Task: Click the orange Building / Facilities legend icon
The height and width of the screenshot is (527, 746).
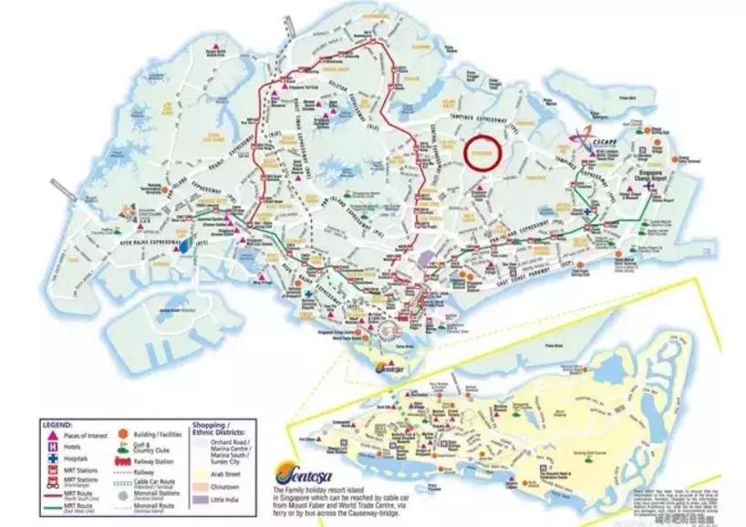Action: tap(122, 435)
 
